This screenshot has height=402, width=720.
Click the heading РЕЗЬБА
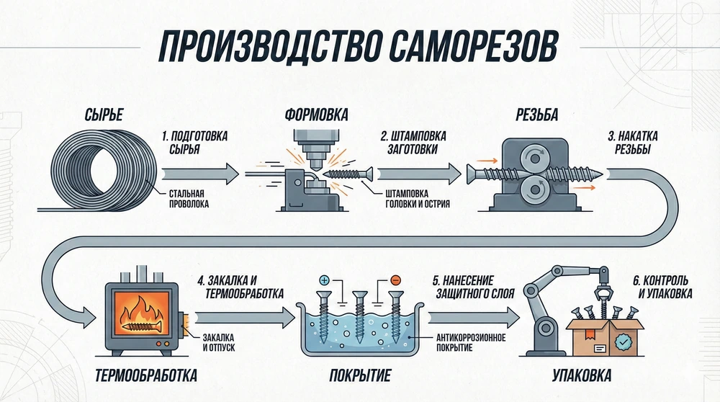click(536, 115)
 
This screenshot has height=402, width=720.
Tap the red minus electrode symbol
click(395, 279)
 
